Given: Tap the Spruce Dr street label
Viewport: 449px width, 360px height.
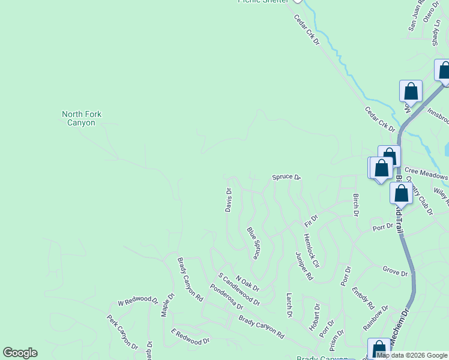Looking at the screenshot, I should pos(286,177).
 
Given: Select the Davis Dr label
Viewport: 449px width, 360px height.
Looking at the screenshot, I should pos(229,200).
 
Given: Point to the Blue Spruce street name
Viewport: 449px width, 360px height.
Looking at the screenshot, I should pos(253,243).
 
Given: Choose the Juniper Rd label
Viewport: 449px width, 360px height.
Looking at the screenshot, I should pos(304,266).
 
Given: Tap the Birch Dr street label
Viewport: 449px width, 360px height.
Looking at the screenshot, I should pos(355,205).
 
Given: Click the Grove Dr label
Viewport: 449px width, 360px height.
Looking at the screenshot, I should pos(395,272).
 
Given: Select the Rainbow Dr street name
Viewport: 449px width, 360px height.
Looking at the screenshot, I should pos(376,317).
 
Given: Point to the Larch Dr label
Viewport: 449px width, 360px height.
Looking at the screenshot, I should pos(289,305).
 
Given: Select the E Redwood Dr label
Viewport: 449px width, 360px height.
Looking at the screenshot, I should pos(190,336).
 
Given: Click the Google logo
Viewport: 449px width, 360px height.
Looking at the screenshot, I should pos(20,353).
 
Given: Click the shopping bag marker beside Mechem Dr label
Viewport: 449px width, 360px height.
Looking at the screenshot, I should pos(379,349).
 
